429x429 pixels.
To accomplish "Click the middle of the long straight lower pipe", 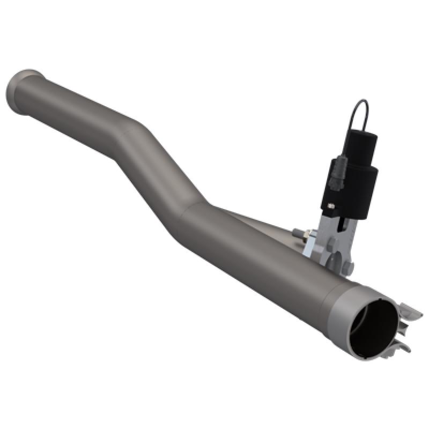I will click(x=263, y=257).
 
